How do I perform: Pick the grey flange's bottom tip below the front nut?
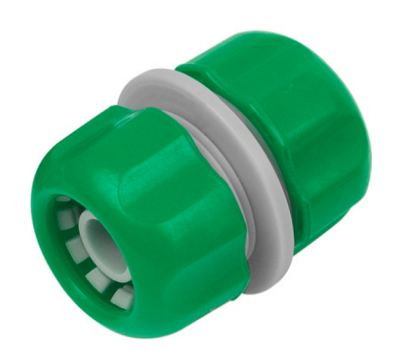coord(264,282)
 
